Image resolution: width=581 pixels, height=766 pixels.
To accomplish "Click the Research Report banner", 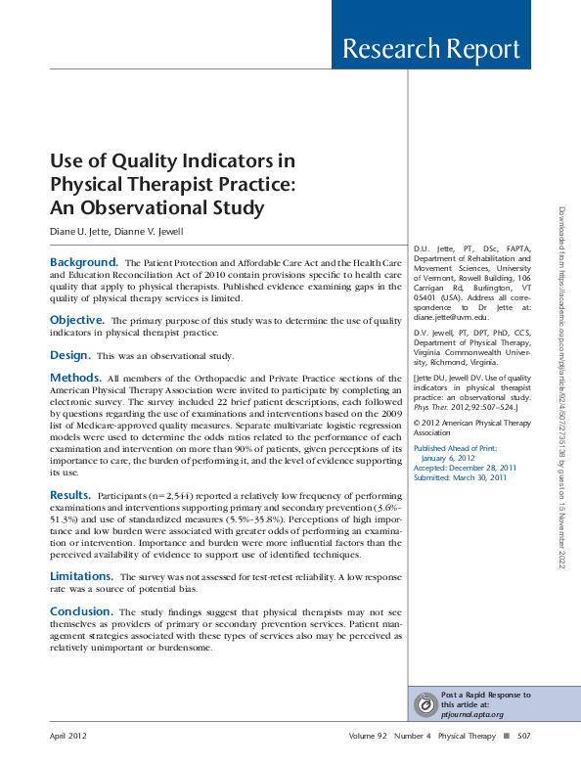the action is (x=431, y=49).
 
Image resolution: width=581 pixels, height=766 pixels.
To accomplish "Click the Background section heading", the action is (x=83, y=262).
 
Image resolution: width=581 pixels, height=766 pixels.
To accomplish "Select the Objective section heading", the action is (x=77, y=320).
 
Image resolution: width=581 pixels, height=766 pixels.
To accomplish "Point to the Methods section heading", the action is (x=75, y=377).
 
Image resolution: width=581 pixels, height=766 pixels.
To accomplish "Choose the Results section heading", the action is (x=71, y=496).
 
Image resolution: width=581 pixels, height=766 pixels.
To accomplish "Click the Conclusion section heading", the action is (x=81, y=611).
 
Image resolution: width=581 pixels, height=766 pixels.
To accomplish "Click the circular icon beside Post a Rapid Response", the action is (x=425, y=703).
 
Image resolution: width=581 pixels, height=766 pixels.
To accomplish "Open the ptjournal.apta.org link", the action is (x=471, y=714).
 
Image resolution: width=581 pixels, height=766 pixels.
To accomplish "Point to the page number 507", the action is (x=523, y=735).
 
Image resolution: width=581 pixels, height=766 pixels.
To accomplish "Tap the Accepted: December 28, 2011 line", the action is (x=466, y=468).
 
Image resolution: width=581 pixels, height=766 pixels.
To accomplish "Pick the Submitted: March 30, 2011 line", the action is (x=460, y=477).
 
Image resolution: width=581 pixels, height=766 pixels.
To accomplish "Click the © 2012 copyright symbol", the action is (x=418, y=422).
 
